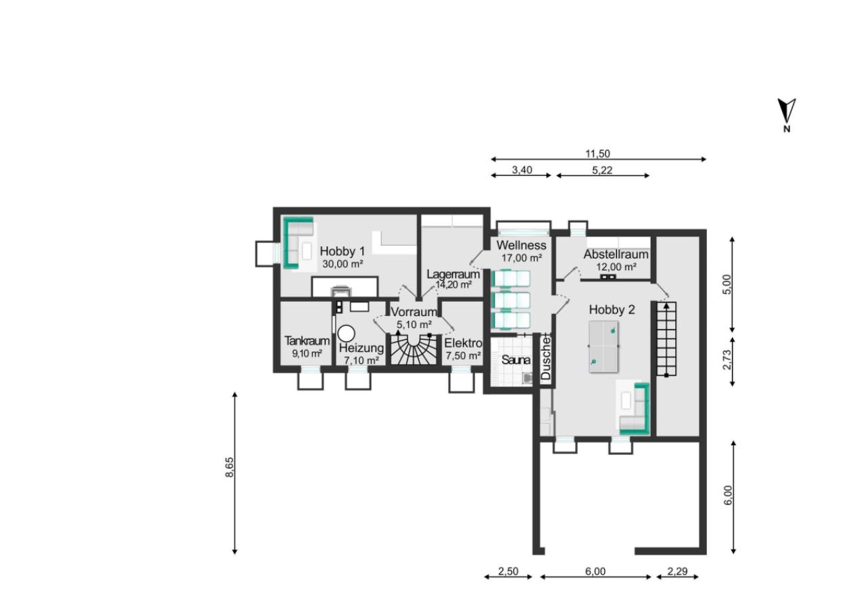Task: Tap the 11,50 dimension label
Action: [x=597, y=154]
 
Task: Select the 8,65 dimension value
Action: [x=230, y=468]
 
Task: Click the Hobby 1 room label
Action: [x=342, y=251]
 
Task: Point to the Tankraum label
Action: [x=307, y=340]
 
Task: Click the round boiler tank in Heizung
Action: [x=346, y=333]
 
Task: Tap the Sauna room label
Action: [x=516, y=360]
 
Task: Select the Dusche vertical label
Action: [x=545, y=358]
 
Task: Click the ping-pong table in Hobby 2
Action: [x=604, y=346]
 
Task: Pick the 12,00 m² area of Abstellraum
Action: [x=616, y=267]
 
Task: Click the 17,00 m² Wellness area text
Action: [x=522, y=258]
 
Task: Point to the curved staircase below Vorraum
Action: [x=414, y=349]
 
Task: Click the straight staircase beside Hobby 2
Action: [x=666, y=339]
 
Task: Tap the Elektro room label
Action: [x=463, y=343]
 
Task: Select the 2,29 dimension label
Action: [x=677, y=571]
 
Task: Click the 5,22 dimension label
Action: [x=602, y=170]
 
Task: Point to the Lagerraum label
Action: [x=453, y=275]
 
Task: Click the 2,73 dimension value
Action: [x=727, y=359]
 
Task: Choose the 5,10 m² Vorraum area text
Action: [x=414, y=325]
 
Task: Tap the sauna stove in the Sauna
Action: [x=527, y=378]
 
